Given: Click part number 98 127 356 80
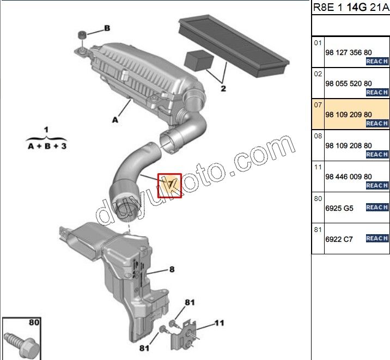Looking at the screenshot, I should [349, 52].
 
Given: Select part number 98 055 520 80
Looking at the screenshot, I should [349, 83].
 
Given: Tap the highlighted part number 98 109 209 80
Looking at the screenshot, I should [349, 114].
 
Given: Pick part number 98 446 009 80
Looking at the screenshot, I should [349, 176].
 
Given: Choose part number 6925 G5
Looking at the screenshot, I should [339, 208].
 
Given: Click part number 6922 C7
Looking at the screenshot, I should [339, 239].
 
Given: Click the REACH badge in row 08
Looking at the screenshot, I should [377, 155].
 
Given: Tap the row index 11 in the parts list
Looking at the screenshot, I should [318, 167].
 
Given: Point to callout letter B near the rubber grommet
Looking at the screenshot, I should [107, 28].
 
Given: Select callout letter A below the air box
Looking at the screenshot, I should [115, 120].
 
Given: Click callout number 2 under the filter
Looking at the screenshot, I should [223, 88].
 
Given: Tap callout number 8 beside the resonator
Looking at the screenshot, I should [172, 269].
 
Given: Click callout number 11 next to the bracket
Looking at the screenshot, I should [218, 323].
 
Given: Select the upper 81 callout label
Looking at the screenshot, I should [190, 302].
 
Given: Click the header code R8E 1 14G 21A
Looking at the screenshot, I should [350, 8].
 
